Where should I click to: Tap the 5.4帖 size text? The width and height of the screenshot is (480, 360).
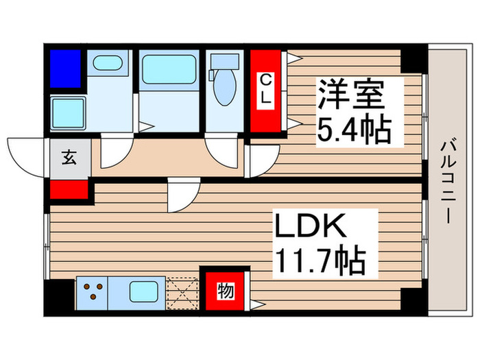coord(352,129)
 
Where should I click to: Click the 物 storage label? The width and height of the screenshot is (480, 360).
coord(224,290)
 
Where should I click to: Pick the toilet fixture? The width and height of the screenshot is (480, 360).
coord(224,82)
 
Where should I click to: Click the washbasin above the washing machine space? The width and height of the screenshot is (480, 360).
coord(108,64)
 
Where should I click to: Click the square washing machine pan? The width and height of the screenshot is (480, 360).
coord(67,112)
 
